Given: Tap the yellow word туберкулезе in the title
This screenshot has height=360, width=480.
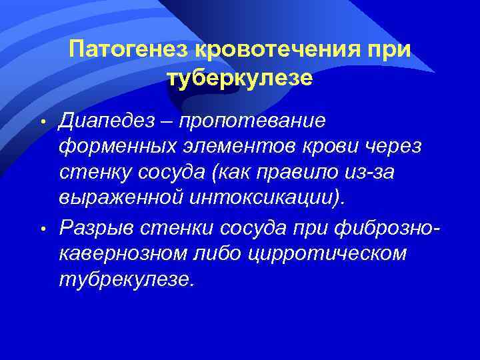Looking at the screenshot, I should point(239,78).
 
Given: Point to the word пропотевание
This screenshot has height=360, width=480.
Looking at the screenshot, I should point(253,121).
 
